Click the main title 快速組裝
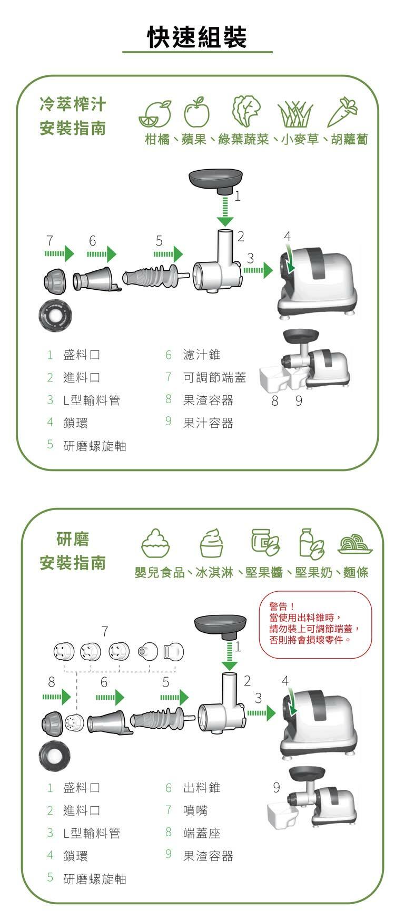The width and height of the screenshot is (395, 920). tap(197, 37)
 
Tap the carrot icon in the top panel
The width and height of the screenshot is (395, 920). tap(342, 112)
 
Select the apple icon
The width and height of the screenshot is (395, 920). tap(196, 112)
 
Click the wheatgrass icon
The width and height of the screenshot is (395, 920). tap(295, 114)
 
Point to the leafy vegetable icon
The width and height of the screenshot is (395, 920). tap(247, 111)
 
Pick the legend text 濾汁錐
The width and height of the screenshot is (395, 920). tap(202, 355)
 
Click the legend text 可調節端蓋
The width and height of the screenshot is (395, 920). tap(214, 377)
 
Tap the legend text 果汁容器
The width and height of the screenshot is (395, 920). tap(208, 423)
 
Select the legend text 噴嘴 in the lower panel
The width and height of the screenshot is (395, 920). tap(195, 810)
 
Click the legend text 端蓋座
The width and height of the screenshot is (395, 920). tap(202, 833)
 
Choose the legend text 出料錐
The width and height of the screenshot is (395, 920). tap(202, 787)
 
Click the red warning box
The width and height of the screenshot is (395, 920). tap(316, 624)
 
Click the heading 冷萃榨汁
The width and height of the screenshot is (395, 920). tap(73, 104)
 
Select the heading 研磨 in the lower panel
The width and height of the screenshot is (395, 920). tap(73, 539)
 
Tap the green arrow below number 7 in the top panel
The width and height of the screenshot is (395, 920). tap(60, 254)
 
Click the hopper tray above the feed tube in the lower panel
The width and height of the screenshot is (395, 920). tap(220, 627)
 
